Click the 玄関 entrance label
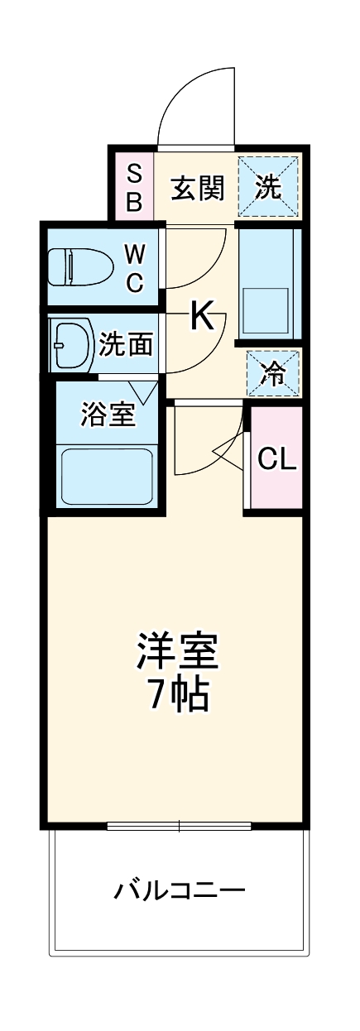198,189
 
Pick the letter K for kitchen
202,315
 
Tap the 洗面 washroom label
125,343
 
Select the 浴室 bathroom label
108,415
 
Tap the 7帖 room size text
178,697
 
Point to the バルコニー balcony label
180,892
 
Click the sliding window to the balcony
179,825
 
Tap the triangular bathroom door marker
143,391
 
